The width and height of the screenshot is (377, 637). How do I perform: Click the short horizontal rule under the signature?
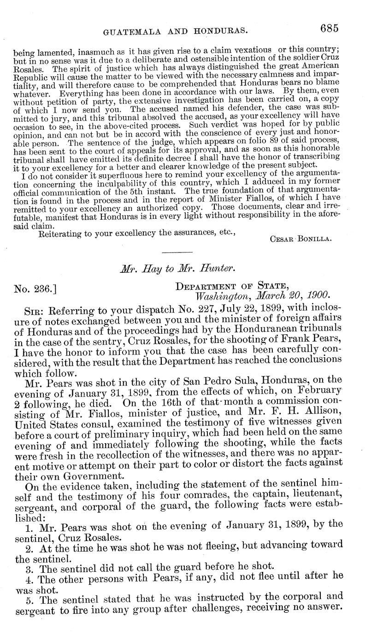click(x=177, y=252)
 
